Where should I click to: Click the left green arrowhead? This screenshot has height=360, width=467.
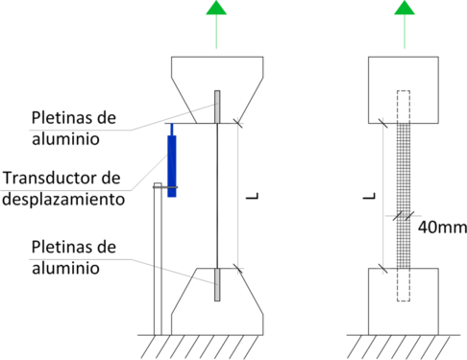coord(216,10)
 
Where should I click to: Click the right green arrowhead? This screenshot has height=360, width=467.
coord(405,10)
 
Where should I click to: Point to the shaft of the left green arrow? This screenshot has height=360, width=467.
coord(216,35)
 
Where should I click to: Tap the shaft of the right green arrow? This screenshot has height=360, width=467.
coord(405,35)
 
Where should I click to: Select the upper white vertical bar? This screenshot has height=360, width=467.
coord(218,107)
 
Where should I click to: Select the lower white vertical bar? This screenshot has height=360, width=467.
coord(218,284)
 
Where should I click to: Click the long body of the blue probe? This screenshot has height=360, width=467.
coord(171,159)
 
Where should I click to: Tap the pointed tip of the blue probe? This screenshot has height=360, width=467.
coord(171,126)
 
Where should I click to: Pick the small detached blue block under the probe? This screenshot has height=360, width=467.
coord(171,194)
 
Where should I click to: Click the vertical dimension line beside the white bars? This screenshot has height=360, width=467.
coord(238,197)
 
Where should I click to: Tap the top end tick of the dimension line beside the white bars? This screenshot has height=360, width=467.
coord(238,122)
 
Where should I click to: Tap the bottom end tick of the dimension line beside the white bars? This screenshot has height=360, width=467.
coord(238,271)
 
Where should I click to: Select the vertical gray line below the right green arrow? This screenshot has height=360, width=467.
coord(383,173)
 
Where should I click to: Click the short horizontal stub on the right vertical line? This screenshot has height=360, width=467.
coord(404,216)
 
